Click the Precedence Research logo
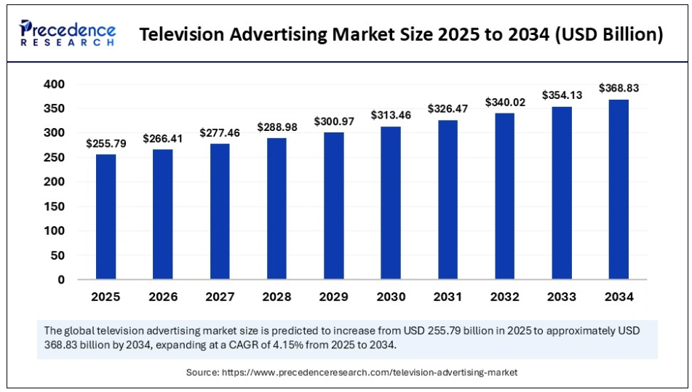pyautogui.click(x=68, y=33)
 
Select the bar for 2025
pyautogui.click(x=106, y=217)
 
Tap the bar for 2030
pyautogui.click(x=391, y=203)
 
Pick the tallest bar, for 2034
pyautogui.click(x=619, y=189)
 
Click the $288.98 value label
pyautogui.click(x=277, y=127)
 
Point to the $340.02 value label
pyautogui.click(x=504, y=103)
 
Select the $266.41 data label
pyautogui.click(x=163, y=138)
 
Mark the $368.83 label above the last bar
pyautogui.click(x=619, y=88)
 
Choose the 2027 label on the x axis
pyautogui.click(x=220, y=297)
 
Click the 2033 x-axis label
pyautogui.click(x=562, y=297)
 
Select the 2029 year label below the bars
pyautogui.click(x=334, y=297)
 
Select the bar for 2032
pyautogui.click(x=504, y=196)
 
